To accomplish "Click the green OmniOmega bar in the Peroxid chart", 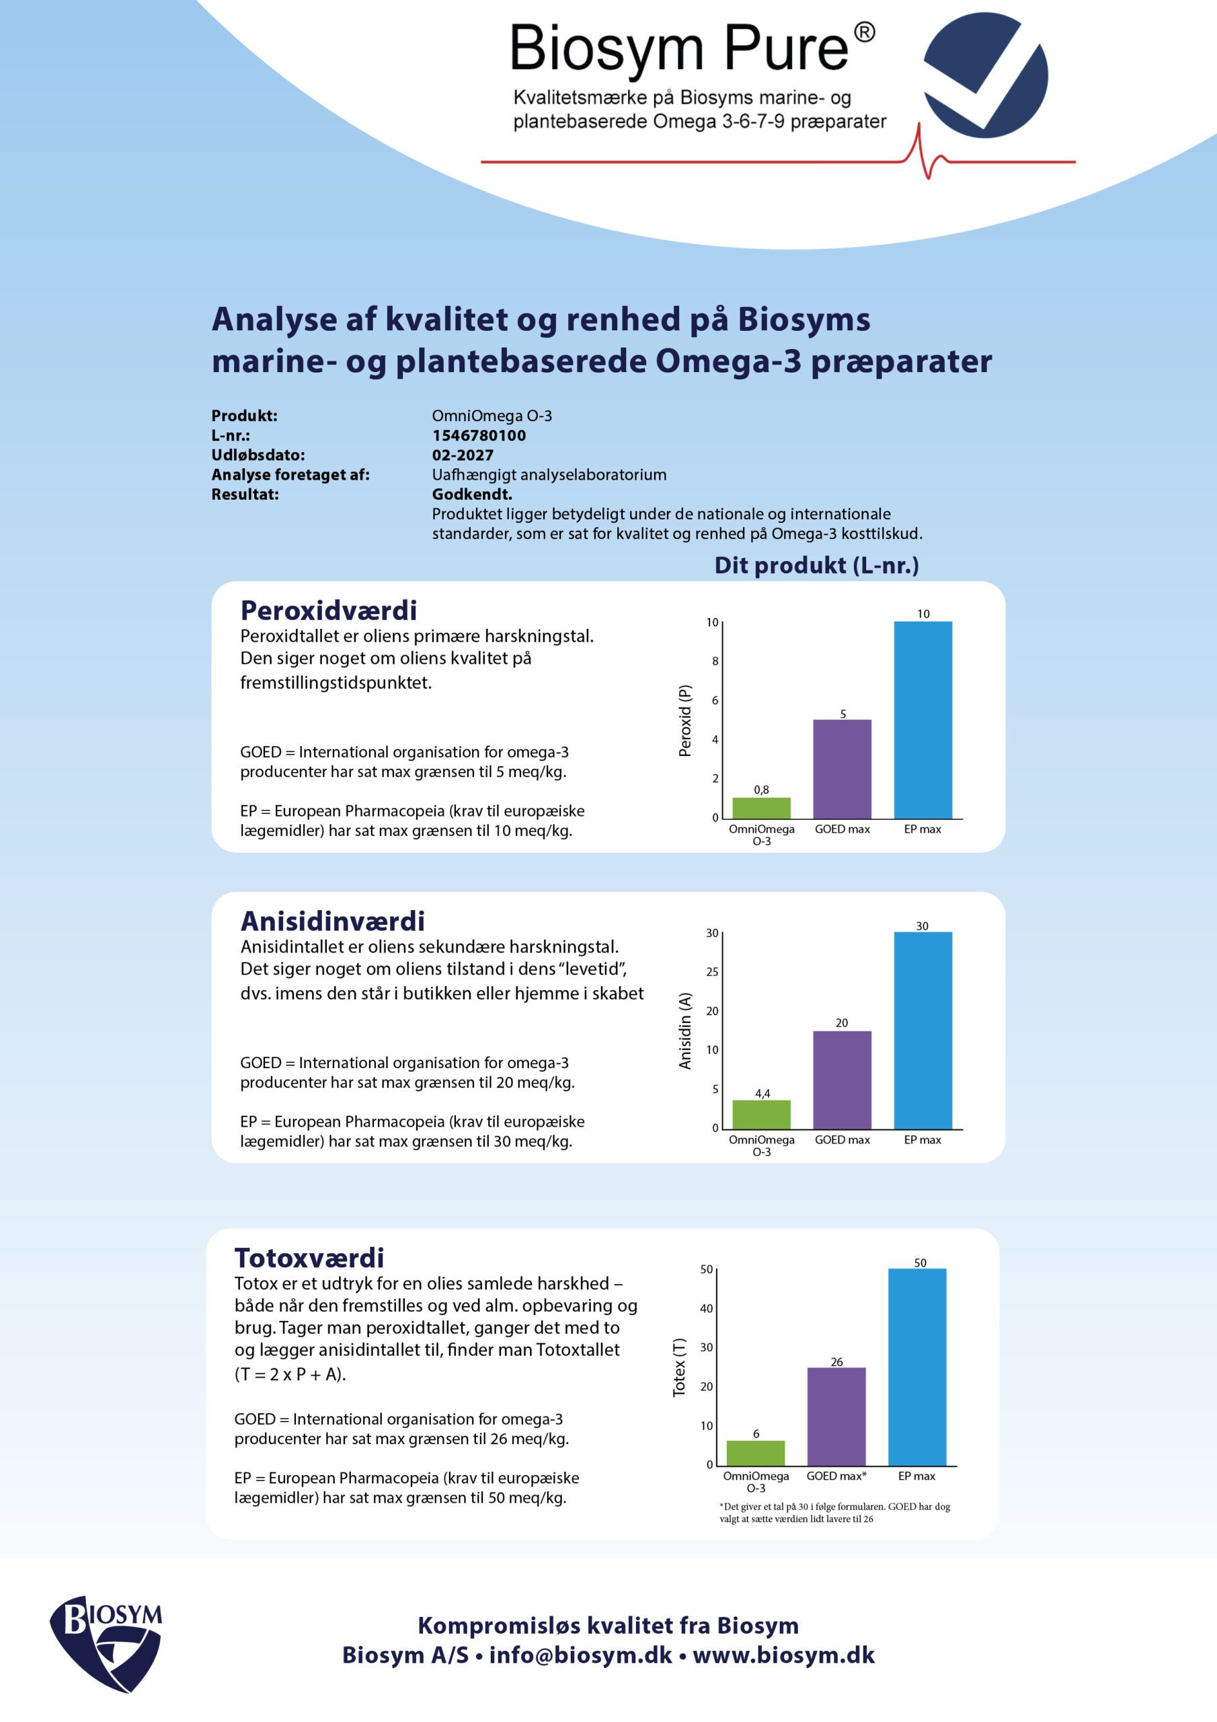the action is (761, 808).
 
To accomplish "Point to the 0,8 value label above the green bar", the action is (761, 790).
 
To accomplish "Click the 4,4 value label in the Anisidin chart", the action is (762, 1094).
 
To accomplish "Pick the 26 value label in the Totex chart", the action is (837, 1361).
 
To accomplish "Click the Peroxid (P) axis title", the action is (684, 720).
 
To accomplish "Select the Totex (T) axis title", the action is (679, 1368).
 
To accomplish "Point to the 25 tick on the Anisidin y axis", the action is (712, 971).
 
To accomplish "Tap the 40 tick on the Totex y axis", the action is (707, 1308).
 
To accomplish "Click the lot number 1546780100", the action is (479, 435).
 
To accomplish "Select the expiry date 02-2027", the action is (463, 455).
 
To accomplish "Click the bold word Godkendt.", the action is (471, 494).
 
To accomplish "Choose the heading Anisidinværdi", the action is (332, 921).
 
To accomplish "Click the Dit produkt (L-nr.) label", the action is (816, 565).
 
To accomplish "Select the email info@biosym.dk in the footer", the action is (580, 1655).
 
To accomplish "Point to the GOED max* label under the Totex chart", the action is (836, 1476).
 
